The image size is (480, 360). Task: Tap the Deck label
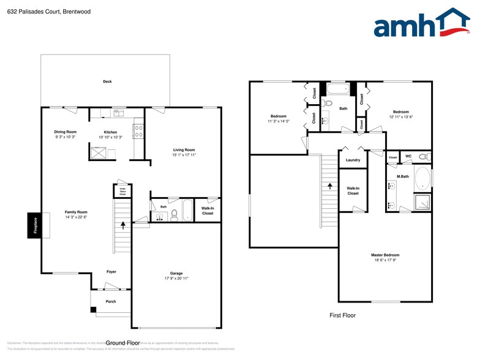coord(107,81)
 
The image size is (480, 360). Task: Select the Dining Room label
coord(66,132)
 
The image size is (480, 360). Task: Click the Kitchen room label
coord(110,132)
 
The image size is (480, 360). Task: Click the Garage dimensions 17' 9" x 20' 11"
coord(176,279)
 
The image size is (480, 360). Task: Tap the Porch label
coord(111,301)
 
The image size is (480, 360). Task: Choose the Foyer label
coord(111,271)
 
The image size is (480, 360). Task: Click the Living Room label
coord(184,149)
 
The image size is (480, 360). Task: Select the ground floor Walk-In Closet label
coord(208,211)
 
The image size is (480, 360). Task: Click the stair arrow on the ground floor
coord(123,225)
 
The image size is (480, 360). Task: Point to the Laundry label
coord(353,160)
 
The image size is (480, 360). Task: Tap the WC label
coord(408,156)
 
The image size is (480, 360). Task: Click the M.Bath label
coord(402,177)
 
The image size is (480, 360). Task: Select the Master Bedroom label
coord(385,255)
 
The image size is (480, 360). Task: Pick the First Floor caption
coord(342,315)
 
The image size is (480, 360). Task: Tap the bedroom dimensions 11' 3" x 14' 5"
coord(279,121)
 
